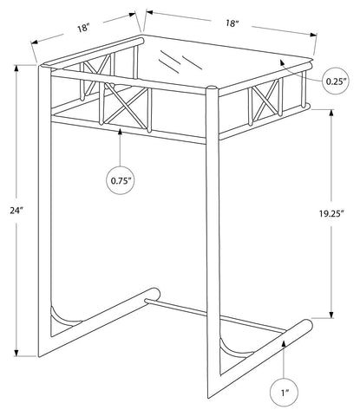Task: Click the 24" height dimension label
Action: click(16, 211)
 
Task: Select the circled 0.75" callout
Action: click(121, 181)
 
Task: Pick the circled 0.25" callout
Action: click(336, 81)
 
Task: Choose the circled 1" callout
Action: click(284, 393)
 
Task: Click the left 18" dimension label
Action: click(83, 29)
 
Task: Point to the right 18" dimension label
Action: click(232, 23)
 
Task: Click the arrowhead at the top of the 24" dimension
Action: click(16, 68)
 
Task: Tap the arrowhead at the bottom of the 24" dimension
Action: click(16, 353)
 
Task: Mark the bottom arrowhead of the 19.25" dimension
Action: click(331, 315)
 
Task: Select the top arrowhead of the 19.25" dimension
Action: click(331, 113)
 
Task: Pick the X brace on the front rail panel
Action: click(125, 106)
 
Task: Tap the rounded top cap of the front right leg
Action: click(212, 88)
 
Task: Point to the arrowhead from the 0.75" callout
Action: click(121, 133)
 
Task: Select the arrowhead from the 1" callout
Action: click(284, 344)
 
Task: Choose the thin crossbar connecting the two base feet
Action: click(215, 315)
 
